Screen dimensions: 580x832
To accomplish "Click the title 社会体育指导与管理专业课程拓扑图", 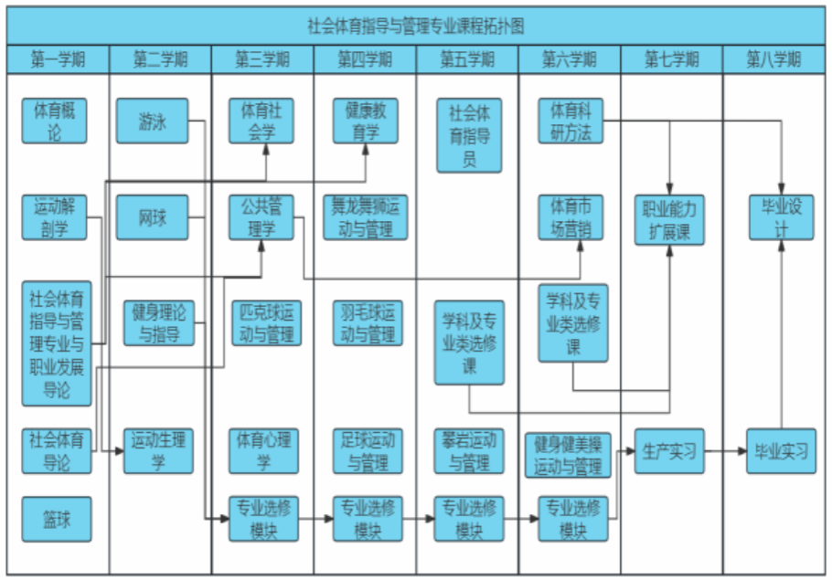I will tap(416, 25).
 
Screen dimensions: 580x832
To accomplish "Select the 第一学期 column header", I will tap(58, 60).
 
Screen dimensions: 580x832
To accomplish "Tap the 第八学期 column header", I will tap(773, 60).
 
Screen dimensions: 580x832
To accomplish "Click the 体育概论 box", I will tap(55, 121).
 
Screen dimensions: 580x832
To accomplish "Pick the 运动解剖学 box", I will tap(55, 217).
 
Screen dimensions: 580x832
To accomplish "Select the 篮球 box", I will tap(55, 522).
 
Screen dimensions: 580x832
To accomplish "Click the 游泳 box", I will tap(152, 121).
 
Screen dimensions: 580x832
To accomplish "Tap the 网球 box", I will tap(152, 217).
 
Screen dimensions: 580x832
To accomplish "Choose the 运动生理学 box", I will tap(158, 451).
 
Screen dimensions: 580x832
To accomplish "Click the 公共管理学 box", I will tap(261, 217).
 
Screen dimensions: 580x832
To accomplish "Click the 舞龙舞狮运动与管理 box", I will tap(365, 217).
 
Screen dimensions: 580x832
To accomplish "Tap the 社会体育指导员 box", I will tap(469, 136).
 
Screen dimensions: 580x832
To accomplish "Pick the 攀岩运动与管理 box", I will tap(469, 451).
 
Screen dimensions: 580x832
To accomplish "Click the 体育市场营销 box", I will tap(571, 217).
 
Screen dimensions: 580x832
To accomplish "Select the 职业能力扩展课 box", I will tap(670, 219).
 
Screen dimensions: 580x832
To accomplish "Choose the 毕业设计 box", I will tap(781, 217).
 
